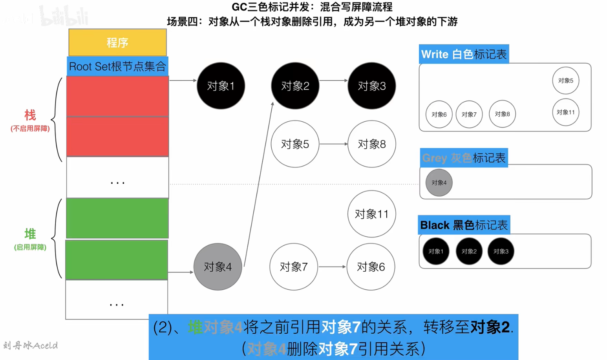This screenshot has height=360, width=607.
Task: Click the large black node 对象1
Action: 221,86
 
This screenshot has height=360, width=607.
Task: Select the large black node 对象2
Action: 295,86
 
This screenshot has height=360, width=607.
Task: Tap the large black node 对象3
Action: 371,86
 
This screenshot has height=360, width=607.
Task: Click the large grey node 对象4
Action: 218,267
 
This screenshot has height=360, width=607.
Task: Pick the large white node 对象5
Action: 295,144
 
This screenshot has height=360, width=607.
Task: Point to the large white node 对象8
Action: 371,144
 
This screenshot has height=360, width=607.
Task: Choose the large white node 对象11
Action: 371,214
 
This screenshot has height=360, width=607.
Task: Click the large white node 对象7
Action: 293,267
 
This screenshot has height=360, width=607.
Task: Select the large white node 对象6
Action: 371,267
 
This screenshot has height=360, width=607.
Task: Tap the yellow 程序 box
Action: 117,42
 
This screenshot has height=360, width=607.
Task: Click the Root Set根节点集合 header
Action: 117,66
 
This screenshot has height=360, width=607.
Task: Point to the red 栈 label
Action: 30,115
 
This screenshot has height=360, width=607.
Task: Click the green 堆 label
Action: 30,234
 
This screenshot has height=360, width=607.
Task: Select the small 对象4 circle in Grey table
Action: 439,183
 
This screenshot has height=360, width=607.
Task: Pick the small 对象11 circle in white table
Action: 565,112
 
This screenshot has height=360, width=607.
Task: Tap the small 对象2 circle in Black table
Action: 469,251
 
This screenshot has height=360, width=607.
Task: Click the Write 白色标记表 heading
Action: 464,54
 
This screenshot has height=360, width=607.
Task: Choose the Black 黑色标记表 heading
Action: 464,225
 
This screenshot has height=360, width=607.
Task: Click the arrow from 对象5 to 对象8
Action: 333,144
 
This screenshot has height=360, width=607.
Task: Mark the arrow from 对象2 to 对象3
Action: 333,80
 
